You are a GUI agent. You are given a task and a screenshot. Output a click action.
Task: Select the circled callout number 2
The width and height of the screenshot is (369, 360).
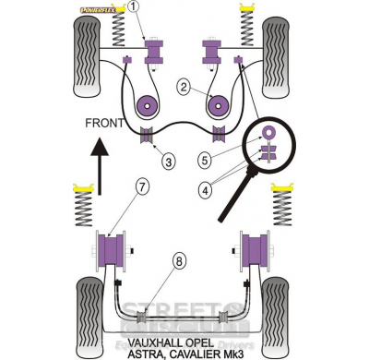coord(184,90)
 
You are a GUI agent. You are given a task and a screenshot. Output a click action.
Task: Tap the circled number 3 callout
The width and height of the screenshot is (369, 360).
coord(167,162)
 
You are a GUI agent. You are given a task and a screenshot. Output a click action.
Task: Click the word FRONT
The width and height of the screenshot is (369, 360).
coord(103,122)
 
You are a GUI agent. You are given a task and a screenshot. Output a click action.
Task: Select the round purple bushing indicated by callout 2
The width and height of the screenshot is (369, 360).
coord(146,105)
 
